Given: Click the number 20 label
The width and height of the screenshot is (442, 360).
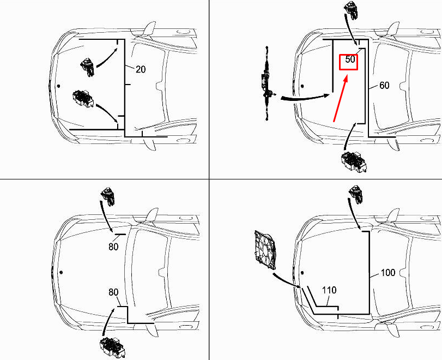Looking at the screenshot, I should tap(141, 69).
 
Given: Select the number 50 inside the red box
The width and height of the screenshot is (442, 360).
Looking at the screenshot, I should tap(350, 61).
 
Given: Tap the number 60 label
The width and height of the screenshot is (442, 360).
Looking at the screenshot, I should tap(384, 86).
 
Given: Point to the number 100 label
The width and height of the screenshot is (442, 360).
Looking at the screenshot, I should tap(387, 272).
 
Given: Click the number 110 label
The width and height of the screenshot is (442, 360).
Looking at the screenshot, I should tap(329, 290).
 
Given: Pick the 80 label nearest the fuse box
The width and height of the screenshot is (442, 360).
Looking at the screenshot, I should tap(113, 292).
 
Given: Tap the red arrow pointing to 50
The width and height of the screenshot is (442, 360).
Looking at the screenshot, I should tap(340, 99).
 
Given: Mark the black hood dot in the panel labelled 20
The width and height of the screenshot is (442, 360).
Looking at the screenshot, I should tap(58, 86).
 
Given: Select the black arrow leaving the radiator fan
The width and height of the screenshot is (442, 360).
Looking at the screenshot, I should tap(286, 279).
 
